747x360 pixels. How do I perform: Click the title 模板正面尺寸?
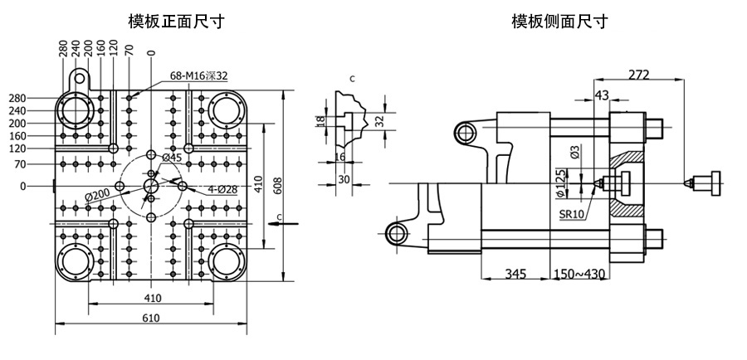(x=176, y=22)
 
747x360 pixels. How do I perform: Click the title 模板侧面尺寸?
(x=559, y=22)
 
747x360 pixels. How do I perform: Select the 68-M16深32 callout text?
(x=198, y=76)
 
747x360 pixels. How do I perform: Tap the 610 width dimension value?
(x=150, y=318)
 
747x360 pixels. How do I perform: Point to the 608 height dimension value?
(x=278, y=187)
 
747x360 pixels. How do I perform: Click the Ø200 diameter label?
(x=98, y=195)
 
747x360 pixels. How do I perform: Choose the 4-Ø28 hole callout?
(x=222, y=190)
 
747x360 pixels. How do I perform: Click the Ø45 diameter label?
(x=172, y=158)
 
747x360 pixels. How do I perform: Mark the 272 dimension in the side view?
(x=638, y=75)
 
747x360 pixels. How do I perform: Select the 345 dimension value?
(x=515, y=274)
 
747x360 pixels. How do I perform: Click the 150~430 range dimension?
(x=579, y=274)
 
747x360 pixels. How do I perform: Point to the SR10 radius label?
(x=572, y=214)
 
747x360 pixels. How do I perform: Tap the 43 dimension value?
(x=602, y=95)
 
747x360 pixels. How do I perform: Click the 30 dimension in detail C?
(x=344, y=179)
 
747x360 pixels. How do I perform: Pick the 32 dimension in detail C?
(x=379, y=121)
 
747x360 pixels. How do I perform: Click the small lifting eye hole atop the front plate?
(x=79, y=76)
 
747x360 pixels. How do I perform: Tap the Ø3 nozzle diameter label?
(x=575, y=153)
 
